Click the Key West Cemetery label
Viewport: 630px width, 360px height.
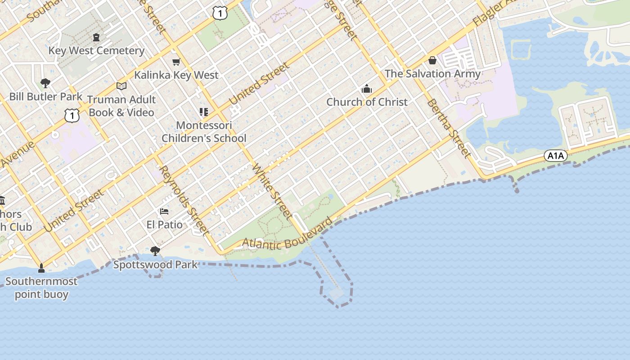pos(96,50)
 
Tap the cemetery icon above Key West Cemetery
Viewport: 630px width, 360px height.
pos(96,37)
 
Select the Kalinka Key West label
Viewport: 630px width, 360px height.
pos(176,75)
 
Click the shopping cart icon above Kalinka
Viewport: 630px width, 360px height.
pos(176,62)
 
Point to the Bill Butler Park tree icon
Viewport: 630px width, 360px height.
pos(45,83)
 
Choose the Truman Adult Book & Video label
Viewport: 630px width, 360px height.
pos(121,106)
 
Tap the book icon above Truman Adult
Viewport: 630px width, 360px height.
pos(121,86)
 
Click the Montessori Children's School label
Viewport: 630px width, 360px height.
pos(204,132)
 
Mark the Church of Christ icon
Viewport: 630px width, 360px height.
pos(367,89)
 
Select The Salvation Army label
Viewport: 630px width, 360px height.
pos(432,73)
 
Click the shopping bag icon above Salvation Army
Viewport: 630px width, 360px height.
pos(432,60)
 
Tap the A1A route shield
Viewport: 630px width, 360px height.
pos(555,156)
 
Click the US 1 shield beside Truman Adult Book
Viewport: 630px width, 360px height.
pos(72,116)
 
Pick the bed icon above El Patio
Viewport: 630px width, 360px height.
pos(164,211)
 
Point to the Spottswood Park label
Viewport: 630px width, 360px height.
pos(155,264)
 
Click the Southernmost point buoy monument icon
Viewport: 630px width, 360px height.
pos(41,268)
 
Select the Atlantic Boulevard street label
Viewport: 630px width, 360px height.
pos(288,237)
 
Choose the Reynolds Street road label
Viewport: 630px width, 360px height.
pos(184,200)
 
